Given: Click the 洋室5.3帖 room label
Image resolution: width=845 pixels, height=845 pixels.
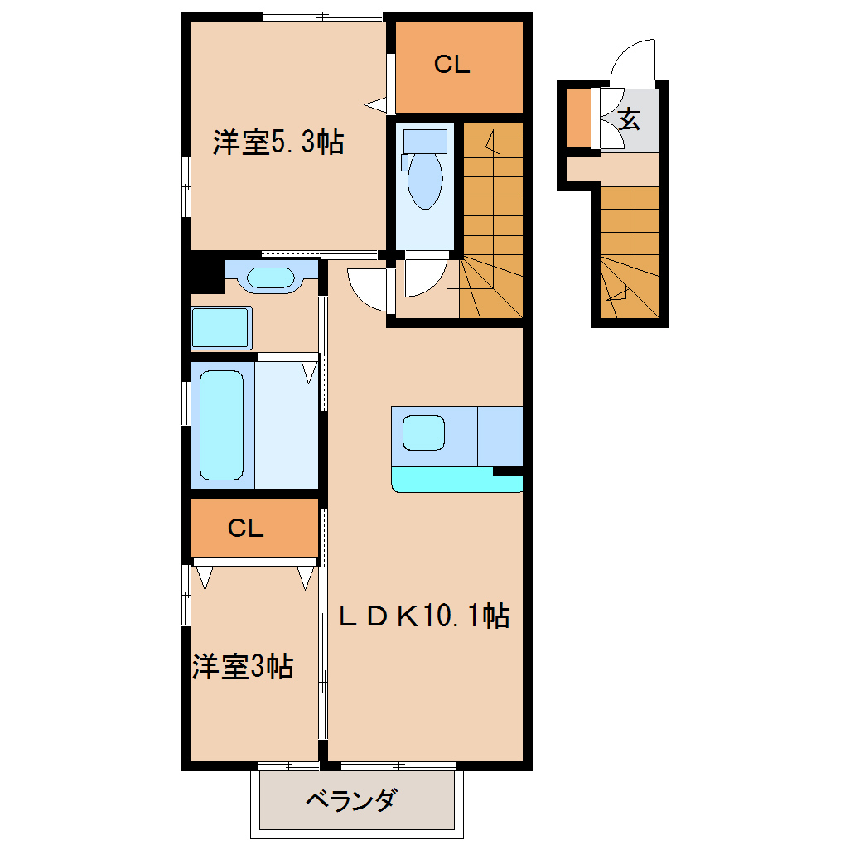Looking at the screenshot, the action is tap(278, 142).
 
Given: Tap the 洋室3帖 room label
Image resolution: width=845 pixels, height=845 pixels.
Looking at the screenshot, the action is tap(243, 666).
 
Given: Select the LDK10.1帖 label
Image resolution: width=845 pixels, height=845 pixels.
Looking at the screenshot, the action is tap(424, 616).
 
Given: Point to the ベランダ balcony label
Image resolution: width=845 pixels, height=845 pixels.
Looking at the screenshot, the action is tap(352, 799).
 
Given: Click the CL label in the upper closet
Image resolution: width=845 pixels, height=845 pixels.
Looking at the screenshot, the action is tap(451, 65).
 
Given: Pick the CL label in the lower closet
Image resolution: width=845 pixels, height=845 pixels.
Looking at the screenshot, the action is tap(246, 529).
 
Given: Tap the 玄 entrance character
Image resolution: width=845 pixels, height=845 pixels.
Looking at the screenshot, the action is tap(628, 119).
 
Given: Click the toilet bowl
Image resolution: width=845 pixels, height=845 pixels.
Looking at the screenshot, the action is tap(425, 181).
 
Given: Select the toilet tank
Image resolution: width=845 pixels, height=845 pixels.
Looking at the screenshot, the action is tap(425, 141).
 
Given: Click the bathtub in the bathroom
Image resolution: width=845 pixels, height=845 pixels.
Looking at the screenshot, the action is tap(221, 425).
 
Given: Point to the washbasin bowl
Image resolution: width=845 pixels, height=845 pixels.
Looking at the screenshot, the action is tap(271, 278).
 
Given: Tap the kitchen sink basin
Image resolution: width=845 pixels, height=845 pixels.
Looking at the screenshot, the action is tap(423, 432).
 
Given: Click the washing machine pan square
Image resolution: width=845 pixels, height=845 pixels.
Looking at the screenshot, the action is tap(221, 328).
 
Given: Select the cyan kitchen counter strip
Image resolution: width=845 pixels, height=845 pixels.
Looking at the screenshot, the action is tap(456, 479).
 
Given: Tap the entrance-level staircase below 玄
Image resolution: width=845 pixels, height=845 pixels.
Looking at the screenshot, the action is tap(630, 252).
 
